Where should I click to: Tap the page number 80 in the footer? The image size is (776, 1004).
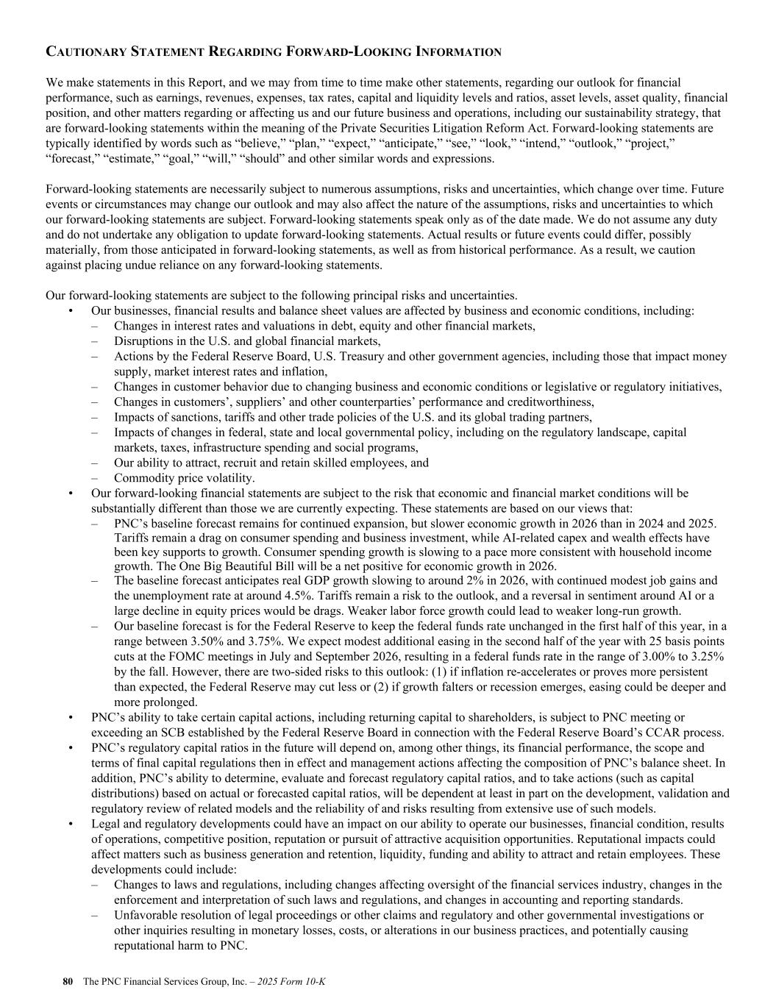tap(68, 981)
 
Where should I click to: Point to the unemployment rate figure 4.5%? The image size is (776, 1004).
tap(321, 595)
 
